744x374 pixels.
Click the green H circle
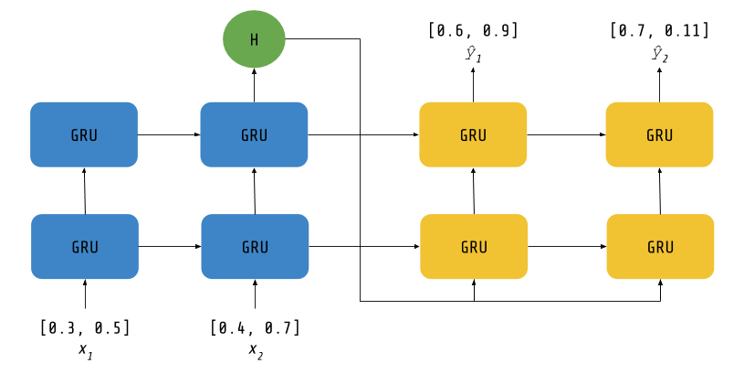[x=254, y=39]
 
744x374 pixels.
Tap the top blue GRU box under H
[x=254, y=134]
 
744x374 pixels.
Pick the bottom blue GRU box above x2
[x=255, y=246]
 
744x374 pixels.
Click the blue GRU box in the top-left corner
[x=84, y=134]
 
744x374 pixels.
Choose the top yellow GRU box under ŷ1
[x=473, y=134]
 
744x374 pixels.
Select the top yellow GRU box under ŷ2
[x=659, y=134]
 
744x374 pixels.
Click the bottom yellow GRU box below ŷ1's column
[x=474, y=246]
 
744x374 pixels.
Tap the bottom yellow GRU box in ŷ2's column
[x=661, y=246]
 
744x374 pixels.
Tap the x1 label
[x=86, y=352]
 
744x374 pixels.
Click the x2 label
[x=256, y=352]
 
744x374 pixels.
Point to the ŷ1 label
[x=473, y=54]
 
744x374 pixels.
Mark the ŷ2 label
[x=659, y=54]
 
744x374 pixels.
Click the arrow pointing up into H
[x=254, y=85]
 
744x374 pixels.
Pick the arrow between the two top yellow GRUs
[x=566, y=134]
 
